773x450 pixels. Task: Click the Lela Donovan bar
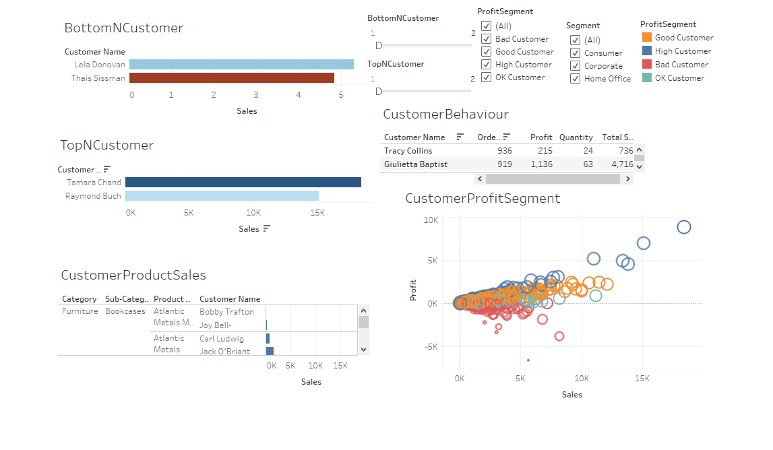(241, 65)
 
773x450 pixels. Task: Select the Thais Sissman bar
(232, 78)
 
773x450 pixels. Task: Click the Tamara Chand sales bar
(243, 183)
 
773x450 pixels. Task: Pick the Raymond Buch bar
(222, 196)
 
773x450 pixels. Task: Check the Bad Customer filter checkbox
(486, 39)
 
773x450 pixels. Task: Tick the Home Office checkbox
(575, 79)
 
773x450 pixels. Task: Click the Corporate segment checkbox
(575, 66)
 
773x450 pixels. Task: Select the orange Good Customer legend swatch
(647, 38)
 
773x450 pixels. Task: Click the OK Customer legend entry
(679, 78)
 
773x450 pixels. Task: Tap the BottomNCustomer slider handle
(379, 45)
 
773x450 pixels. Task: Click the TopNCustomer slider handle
(379, 91)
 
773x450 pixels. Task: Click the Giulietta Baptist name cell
(415, 164)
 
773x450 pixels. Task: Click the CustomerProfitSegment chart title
(483, 199)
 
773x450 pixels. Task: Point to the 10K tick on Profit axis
(431, 220)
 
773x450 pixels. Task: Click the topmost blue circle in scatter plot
(684, 227)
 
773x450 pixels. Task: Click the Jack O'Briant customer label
(224, 352)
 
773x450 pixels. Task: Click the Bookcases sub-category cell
(125, 312)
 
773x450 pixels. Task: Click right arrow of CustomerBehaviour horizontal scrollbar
(627, 179)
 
